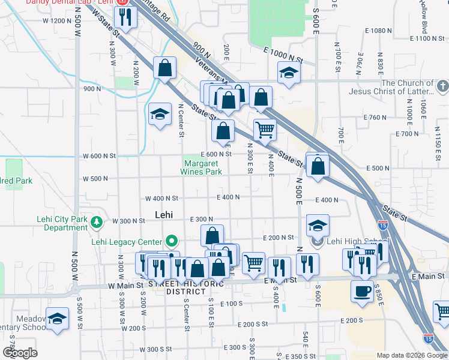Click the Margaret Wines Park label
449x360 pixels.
(201, 167)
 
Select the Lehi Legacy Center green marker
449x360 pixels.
(172, 242)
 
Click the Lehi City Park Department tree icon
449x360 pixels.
(97, 223)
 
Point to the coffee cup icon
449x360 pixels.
(362, 291)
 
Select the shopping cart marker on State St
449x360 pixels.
(265, 129)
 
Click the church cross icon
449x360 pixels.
(443, 86)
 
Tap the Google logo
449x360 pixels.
(20, 353)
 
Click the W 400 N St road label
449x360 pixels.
(162, 199)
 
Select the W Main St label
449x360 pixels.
(126, 286)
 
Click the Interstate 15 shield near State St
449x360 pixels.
(382, 224)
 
